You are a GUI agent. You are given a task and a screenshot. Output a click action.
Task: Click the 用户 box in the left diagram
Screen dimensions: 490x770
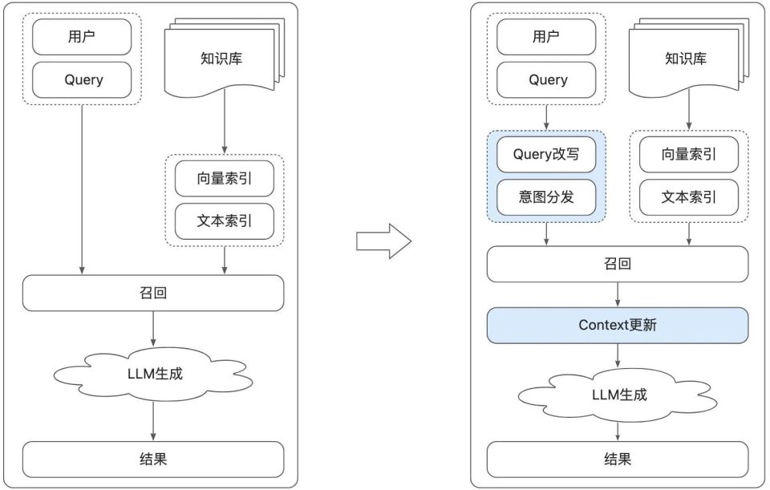81,37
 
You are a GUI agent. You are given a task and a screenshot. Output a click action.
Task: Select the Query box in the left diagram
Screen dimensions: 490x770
81,79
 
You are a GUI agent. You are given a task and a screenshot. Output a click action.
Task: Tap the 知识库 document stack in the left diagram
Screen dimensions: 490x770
221,59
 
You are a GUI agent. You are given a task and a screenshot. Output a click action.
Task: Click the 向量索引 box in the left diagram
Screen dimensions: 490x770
224,179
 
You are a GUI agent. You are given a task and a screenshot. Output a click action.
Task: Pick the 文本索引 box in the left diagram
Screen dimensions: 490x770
224,221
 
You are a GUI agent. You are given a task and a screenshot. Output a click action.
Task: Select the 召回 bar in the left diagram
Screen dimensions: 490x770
152,293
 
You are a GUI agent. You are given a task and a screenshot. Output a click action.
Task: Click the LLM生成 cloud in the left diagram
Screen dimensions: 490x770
152,373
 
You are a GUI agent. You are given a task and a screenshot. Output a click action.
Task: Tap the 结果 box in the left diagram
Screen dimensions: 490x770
152,459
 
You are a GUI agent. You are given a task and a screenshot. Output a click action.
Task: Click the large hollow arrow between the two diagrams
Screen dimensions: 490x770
383,241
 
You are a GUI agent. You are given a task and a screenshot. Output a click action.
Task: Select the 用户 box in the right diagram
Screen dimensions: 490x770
546,37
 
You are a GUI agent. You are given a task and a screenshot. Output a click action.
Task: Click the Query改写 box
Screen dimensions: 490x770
546,155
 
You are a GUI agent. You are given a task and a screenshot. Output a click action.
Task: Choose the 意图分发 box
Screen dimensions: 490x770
546,197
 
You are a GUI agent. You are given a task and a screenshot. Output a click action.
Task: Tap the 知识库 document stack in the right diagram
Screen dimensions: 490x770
687,59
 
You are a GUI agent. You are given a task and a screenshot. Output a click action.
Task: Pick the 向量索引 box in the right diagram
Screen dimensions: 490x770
688,155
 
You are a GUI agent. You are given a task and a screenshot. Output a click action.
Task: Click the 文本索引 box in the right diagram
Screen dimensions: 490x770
688,197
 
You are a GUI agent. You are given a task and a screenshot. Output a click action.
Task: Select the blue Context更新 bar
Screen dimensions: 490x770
617,326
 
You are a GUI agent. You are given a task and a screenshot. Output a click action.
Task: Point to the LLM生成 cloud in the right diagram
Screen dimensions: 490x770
617,395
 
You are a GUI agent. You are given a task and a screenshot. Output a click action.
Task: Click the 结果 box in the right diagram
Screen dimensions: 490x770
617,459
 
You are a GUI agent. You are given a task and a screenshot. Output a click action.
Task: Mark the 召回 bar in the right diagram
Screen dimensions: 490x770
617,264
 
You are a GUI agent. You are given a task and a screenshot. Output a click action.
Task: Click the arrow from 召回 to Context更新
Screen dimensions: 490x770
618,294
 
